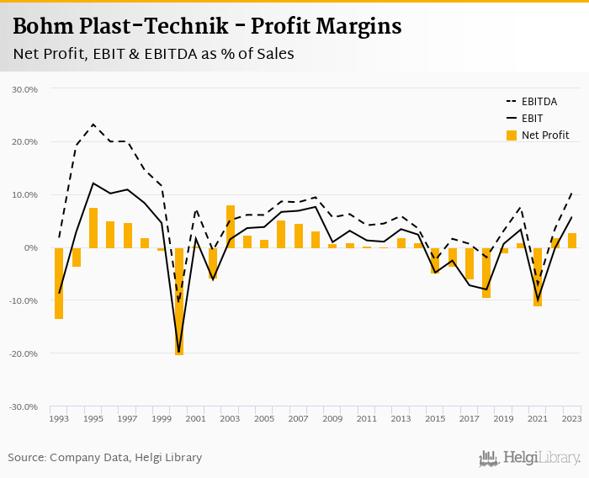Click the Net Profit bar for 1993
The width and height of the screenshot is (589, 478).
click(x=59, y=284)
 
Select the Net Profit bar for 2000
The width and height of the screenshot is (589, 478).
click(x=179, y=301)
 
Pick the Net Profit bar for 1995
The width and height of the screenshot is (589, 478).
click(x=93, y=228)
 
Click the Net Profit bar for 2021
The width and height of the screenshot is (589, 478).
click(x=538, y=277)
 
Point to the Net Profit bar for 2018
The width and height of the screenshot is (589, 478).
click(x=486, y=273)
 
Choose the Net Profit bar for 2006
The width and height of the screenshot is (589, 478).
click(x=281, y=234)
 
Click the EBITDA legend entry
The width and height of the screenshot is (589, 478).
click(x=539, y=101)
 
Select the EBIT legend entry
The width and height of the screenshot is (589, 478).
click(x=532, y=118)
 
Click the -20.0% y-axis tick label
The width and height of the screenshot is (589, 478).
click(x=24, y=353)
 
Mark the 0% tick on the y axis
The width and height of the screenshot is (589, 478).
click(x=30, y=248)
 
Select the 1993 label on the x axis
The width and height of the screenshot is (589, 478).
click(x=59, y=418)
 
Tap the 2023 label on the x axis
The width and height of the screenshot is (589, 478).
click(x=572, y=418)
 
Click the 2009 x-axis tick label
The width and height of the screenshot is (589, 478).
click(x=332, y=418)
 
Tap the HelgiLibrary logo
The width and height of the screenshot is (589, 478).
click(x=530, y=458)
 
